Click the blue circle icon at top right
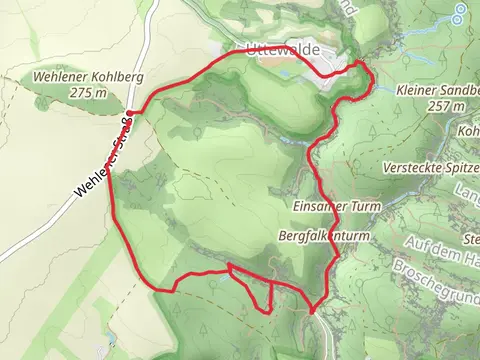pos(458,14)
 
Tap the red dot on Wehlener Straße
pos(131,112)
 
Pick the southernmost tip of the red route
pos(312,312)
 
